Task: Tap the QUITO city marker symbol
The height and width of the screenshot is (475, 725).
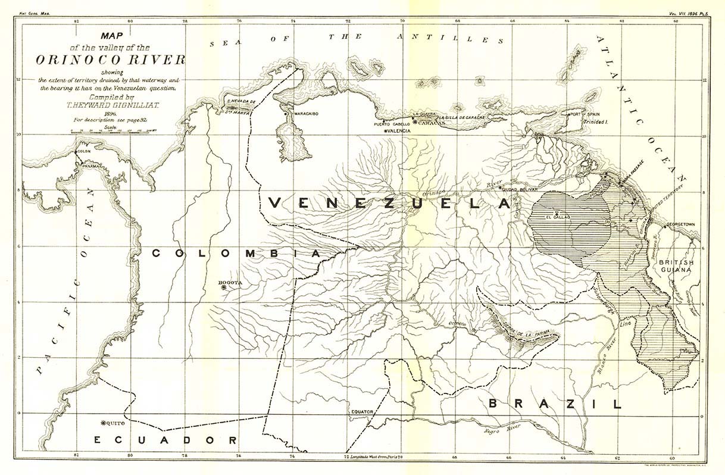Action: pyautogui.click(x=104, y=423)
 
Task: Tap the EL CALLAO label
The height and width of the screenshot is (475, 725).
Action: pyautogui.click(x=557, y=217)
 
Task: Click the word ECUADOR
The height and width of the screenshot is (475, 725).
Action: pyautogui.click(x=165, y=440)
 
